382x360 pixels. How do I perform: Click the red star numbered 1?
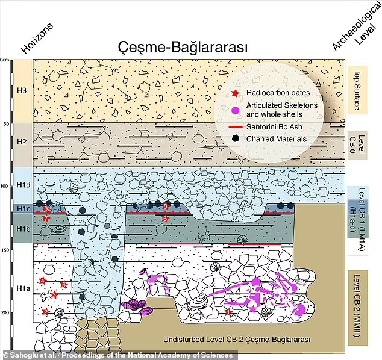coord(228,312)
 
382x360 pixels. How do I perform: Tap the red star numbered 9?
coord(46,208)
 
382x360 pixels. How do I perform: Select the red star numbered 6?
coord(166,219)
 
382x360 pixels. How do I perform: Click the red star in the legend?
coord(236,93)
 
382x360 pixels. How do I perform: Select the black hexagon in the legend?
coord(236,139)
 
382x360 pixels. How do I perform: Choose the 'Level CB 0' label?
coord(360,144)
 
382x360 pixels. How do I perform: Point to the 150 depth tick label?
coord(6,249)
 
